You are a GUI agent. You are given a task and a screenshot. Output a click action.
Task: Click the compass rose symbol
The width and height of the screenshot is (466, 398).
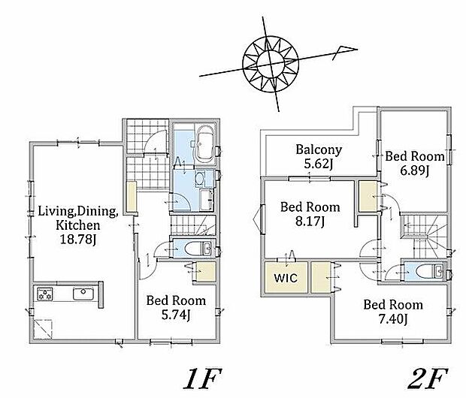(x=271, y=64)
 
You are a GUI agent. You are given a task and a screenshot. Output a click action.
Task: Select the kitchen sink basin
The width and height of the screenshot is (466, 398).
(x=83, y=294)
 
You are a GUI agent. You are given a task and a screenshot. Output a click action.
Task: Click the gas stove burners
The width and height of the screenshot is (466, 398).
(x=45, y=294)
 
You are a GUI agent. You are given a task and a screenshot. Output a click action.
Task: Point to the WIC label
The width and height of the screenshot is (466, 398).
(x=286, y=278)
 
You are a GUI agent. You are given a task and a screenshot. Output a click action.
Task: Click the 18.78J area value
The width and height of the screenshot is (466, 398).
(x=78, y=240)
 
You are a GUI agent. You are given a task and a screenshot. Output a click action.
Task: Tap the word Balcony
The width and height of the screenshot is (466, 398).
(x=319, y=150)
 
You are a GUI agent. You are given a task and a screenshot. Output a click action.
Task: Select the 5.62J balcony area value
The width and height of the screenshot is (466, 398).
(x=318, y=164)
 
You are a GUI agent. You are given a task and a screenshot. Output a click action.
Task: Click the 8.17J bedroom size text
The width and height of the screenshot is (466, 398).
(x=310, y=221)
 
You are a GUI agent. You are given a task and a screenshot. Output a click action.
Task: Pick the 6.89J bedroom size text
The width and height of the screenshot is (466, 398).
(x=415, y=170)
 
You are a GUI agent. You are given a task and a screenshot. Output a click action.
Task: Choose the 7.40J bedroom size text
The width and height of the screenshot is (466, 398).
(x=393, y=319)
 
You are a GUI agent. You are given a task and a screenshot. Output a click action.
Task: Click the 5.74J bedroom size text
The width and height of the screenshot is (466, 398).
(x=176, y=315)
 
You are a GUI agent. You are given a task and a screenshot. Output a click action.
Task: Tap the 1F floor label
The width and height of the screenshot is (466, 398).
(x=202, y=378)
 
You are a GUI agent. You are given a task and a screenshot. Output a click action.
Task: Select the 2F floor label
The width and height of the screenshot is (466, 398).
(x=428, y=378)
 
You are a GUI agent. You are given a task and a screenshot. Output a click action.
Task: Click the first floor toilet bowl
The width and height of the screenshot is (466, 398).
(x=193, y=249)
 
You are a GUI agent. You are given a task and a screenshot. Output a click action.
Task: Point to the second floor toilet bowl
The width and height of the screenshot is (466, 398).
(x=425, y=272)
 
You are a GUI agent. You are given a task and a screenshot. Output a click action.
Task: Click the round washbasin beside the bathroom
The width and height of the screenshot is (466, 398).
(x=199, y=178)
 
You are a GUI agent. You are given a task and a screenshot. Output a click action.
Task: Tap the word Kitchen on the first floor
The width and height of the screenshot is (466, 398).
(x=78, y=225)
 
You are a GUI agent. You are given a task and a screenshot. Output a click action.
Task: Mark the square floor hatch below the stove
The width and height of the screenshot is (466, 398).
(x=44, y=329)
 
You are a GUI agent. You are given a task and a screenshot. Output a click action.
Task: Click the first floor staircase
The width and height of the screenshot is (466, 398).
(x=193, y=225)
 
